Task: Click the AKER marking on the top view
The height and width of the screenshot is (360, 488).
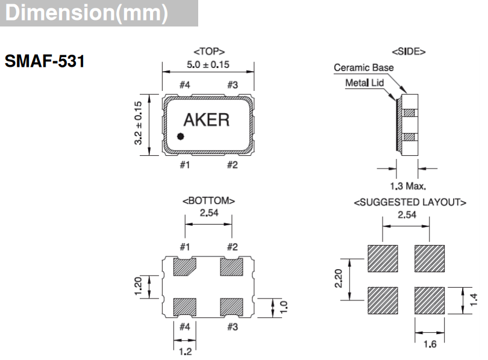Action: (x=206, y=120)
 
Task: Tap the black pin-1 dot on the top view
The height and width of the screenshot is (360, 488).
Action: (x=180, y=136)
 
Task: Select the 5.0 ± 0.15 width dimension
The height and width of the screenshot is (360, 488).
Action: (x=208, y=64)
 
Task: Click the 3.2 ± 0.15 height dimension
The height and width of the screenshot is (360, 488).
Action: (x=138, y=123)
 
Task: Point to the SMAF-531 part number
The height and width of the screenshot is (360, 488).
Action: (x=44, y=61)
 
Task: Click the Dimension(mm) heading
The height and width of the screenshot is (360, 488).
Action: (x=87, y=13)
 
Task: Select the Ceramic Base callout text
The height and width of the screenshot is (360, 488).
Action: (x=363, y=67)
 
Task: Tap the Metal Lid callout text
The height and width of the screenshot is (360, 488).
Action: (x=364, y=82)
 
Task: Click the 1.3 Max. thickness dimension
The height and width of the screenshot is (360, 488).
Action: (x=408, y=186)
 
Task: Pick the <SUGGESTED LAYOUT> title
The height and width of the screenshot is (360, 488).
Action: (x=410, y=202)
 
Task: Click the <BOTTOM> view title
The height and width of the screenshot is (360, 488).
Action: (x=208, y=200)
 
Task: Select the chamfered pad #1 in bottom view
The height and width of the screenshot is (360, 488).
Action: (x=185, y=267)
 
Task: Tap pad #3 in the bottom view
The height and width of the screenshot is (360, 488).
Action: (x=231, y=306)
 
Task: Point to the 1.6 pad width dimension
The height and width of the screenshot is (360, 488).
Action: (x=430, y=344)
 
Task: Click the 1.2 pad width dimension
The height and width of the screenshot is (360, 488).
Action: (x=184, y=349)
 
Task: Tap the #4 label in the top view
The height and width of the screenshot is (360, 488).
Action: (x=184, y=85)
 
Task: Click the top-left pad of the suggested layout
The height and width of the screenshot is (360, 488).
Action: (x=383, y=258)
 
